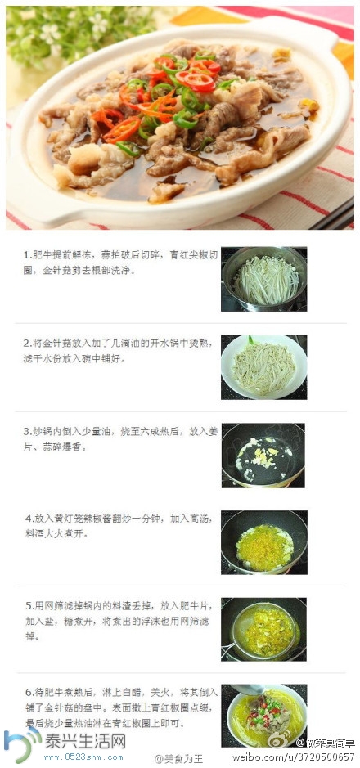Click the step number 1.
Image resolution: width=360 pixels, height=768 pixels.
click(26, 255)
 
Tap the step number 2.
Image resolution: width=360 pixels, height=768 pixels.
click(26, 343)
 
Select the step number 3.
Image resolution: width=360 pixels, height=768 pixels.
click(26, 431)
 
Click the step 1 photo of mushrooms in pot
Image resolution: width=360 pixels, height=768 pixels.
click(264, 279)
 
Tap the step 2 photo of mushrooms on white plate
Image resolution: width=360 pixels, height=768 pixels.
click(264, 366)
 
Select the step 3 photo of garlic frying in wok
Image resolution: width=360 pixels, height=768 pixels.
click(263, 455)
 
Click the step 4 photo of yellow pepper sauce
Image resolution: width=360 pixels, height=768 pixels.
click(263, 542)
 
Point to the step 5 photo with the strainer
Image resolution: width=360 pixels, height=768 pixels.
click(263, 629)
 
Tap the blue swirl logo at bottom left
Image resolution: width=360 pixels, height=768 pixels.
click(20, 745)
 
